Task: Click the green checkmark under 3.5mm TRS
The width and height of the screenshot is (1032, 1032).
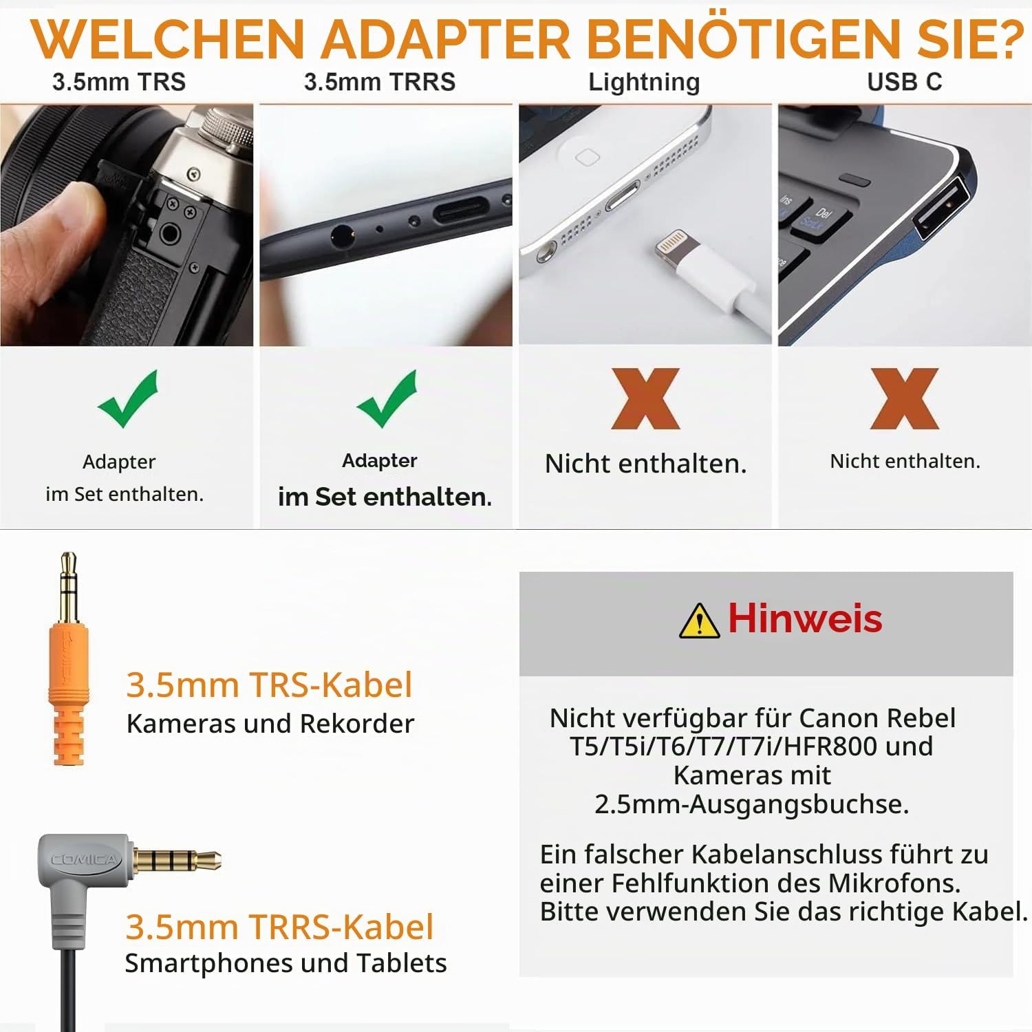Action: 128,400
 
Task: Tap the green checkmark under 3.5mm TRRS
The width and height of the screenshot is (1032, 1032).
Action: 387,400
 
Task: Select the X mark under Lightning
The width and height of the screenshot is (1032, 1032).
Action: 646,398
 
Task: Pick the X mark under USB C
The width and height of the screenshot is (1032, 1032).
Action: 905,398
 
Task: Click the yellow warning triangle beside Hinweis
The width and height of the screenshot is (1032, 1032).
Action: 700,621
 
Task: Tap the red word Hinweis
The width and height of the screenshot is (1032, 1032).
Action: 805,618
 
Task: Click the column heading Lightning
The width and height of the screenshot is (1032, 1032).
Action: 644,83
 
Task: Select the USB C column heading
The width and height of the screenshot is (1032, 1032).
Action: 904,82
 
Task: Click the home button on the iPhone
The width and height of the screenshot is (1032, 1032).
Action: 587,158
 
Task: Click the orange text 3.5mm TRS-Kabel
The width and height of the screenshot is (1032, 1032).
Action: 270,685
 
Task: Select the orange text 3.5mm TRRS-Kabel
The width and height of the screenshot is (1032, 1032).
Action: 279,927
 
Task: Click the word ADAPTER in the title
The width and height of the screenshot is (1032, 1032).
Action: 446,39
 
